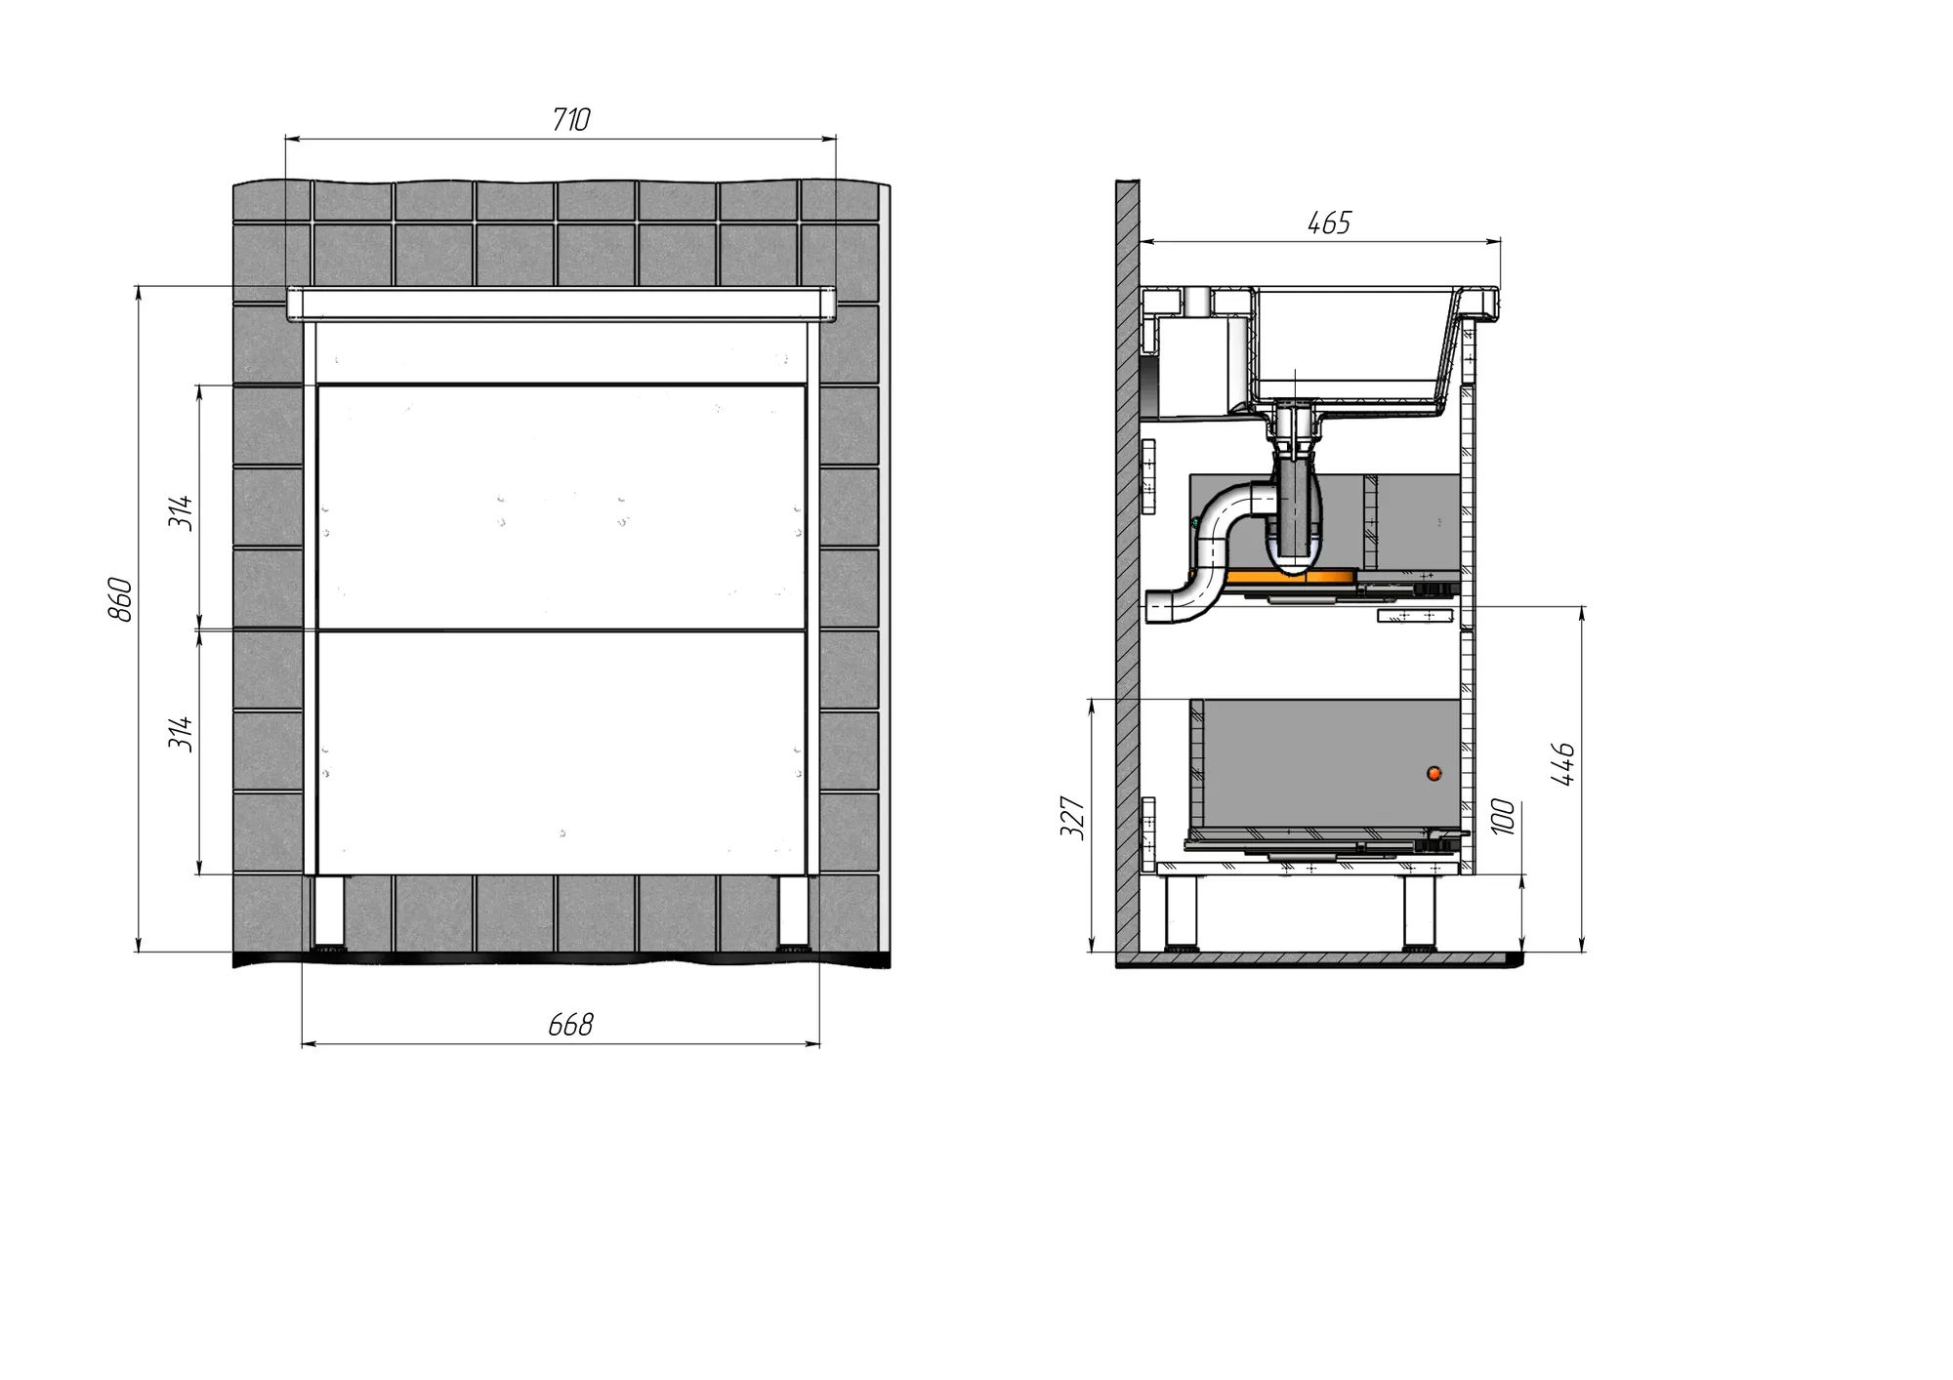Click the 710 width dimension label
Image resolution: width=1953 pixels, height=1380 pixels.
[571, 120]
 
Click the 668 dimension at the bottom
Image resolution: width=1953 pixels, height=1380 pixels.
[570, 1025]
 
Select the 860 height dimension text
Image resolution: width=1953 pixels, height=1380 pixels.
[119, 599]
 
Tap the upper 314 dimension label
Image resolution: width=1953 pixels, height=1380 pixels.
[181, 512]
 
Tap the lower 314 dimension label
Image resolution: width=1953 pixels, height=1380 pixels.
[181, 733]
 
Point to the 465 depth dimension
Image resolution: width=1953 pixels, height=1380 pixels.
[1329, 223]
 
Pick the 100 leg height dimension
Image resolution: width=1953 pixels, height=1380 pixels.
[1504, 816]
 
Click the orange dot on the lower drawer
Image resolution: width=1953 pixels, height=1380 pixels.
[1434, 773]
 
